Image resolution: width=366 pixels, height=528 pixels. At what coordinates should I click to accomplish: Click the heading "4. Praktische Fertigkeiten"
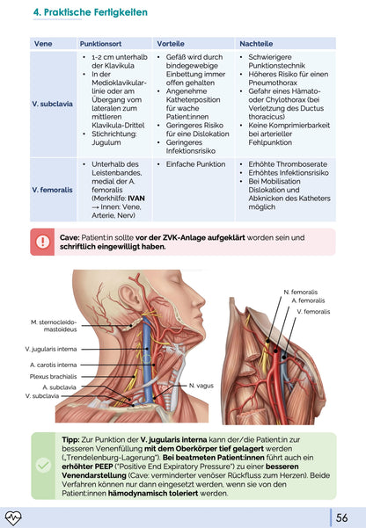pyautogui.click(x=90, y=12)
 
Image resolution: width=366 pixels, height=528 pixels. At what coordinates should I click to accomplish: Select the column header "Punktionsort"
pyautogui.click(x=100, y=44)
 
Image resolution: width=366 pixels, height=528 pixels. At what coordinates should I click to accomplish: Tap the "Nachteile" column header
pyautogui.click(x=256, y=44)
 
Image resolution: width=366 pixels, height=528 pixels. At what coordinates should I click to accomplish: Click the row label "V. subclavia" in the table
pyautogui.click(x=52, y=104)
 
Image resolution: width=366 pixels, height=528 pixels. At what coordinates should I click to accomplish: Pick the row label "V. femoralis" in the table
pyautogui.click(x=52, y=190)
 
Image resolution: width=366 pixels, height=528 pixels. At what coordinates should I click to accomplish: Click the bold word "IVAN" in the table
pyautogui.click(x=136, y=199)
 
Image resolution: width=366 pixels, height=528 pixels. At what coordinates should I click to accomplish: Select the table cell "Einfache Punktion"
pyautogui.click(x=195, y=164)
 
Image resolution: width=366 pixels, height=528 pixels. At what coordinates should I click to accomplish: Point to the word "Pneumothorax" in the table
pyautogui.click(x=273, y=83)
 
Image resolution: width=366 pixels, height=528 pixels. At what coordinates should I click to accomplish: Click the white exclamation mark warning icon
pyautogui.click(x=42, y=242)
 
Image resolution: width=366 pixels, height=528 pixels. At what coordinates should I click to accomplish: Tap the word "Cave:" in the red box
pyautogui.click(x=70, y=238)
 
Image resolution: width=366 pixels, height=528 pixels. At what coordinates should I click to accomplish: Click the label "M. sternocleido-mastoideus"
pyautogui.click(x=54, y=326)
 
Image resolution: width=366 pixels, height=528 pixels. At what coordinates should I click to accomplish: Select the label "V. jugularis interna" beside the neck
pyautogui.click(x=51, y=349)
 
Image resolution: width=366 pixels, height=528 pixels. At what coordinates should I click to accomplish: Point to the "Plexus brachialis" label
pyautogui.click(x=53, y=377)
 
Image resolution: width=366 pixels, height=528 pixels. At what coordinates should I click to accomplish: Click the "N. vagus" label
pyautogui.click(x=201, y=386)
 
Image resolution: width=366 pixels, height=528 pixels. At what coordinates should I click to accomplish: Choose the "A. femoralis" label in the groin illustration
pyautogui.click(x=308, y=300)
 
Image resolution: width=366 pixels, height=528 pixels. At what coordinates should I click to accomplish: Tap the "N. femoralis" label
pyautogui.click(x=301, y=292)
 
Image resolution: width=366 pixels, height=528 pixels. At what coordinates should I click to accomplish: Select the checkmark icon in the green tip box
pyautogui.click(x=43, y=466)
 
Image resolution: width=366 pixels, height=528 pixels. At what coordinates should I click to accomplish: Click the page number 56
pyautogui.click(x=341, y=518)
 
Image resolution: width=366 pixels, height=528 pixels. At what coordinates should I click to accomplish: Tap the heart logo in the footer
pyautogui.click(x=13, y=518)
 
